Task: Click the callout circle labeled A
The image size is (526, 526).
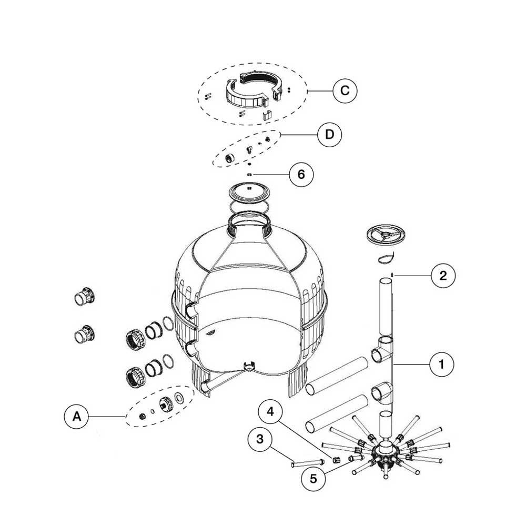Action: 77,417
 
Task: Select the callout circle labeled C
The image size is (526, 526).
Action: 345,90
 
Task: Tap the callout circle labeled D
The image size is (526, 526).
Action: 329,134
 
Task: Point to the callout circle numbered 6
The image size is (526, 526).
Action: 301,174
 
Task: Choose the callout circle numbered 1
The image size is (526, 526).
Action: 442,363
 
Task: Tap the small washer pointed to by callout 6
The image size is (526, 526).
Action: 251,174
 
